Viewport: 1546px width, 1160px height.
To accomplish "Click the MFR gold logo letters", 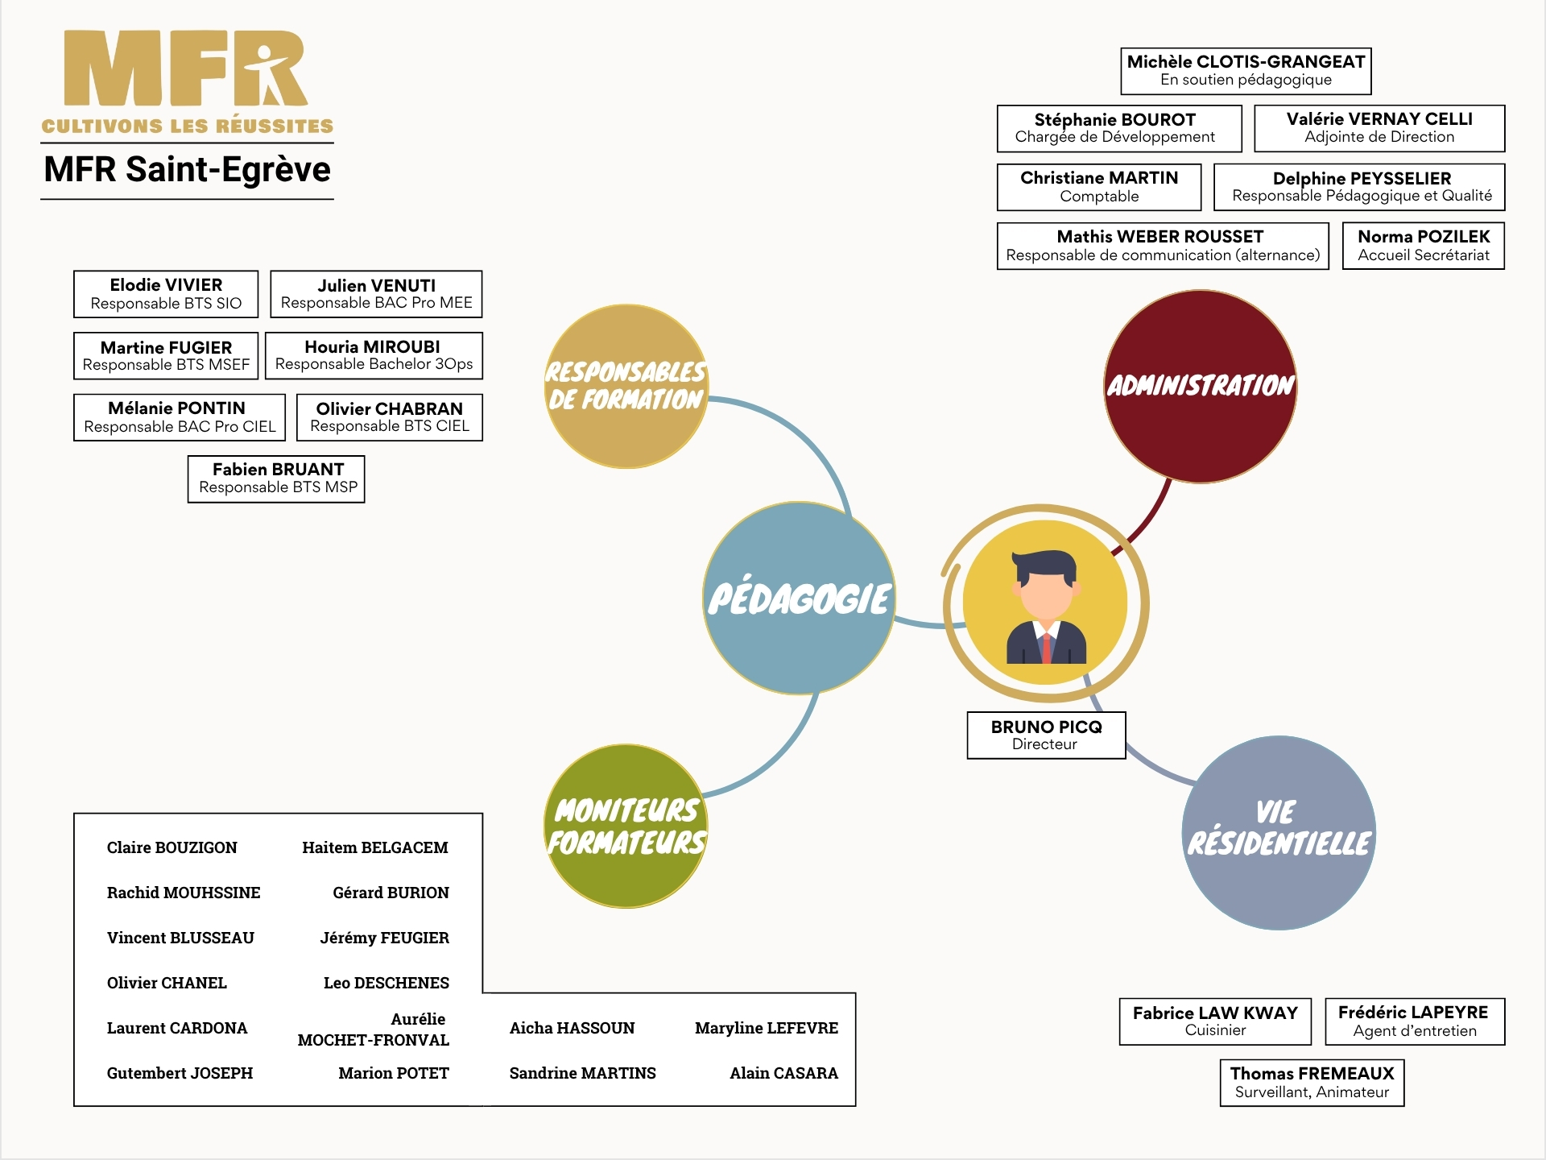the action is [186, 68].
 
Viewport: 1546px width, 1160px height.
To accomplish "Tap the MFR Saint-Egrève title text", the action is [188, 169].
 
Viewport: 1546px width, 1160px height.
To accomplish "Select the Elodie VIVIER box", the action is [166, 294].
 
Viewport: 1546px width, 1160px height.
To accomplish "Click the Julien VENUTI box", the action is [376, 294].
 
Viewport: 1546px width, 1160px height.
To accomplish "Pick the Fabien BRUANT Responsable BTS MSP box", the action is [276, 479].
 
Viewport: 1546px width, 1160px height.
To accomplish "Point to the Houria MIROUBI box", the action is [374, 355].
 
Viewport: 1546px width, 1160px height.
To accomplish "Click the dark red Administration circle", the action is [1201, 387].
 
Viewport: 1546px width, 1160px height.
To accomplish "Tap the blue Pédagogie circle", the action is [800, 598].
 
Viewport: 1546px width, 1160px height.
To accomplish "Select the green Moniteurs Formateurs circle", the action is [626, 826].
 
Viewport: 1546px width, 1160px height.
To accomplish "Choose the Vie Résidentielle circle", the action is [1279, 833].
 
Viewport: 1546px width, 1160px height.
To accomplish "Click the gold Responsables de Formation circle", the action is [626, 386].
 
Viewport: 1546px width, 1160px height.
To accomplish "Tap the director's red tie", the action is [1046, 648].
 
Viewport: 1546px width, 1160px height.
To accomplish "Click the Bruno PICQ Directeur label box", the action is [1046, 735].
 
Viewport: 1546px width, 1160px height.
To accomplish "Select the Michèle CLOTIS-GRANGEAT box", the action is [1246, 71].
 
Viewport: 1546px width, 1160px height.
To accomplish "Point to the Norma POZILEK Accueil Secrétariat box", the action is [1424, 246].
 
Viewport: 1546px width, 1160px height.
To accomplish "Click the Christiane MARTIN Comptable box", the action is [1099, 187].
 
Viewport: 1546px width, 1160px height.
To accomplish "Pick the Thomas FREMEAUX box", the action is [1312, 1083].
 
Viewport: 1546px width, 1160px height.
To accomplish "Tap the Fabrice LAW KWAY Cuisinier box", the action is [1215, 1021].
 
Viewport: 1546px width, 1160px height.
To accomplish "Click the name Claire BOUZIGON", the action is [172, 847].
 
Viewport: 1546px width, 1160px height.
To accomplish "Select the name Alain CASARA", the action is [783, 1073].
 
